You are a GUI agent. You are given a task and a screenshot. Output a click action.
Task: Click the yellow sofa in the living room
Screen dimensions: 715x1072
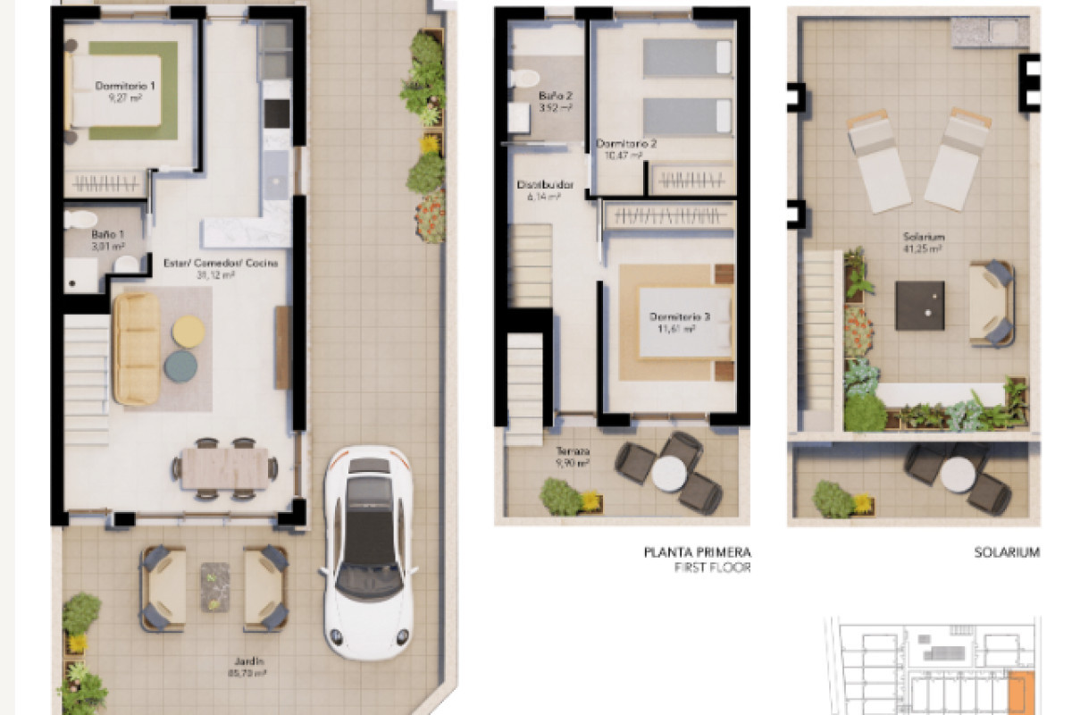pyautogui.click(x=136, y=348)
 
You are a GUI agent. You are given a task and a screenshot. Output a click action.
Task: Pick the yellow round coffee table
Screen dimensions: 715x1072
pyautogui.click(x=188, y=331)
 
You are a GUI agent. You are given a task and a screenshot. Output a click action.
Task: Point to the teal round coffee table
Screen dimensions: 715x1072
pyautogui.click(x=180, y=365)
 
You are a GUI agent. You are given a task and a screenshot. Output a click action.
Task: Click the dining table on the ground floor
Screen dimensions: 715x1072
pyautogui.click(x=224, y=467)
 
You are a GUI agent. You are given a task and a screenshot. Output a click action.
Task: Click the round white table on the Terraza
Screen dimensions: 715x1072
pyautogui.click(x=668, y=474)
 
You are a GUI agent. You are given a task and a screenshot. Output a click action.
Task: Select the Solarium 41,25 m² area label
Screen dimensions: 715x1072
pyautogui.click(x=923, y=242)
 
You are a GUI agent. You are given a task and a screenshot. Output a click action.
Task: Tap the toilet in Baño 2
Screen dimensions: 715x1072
pyautogui.click(x=525, y=79)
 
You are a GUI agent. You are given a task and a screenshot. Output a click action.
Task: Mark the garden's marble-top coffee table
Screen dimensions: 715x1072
pyautogui.click(x=214, y=586)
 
